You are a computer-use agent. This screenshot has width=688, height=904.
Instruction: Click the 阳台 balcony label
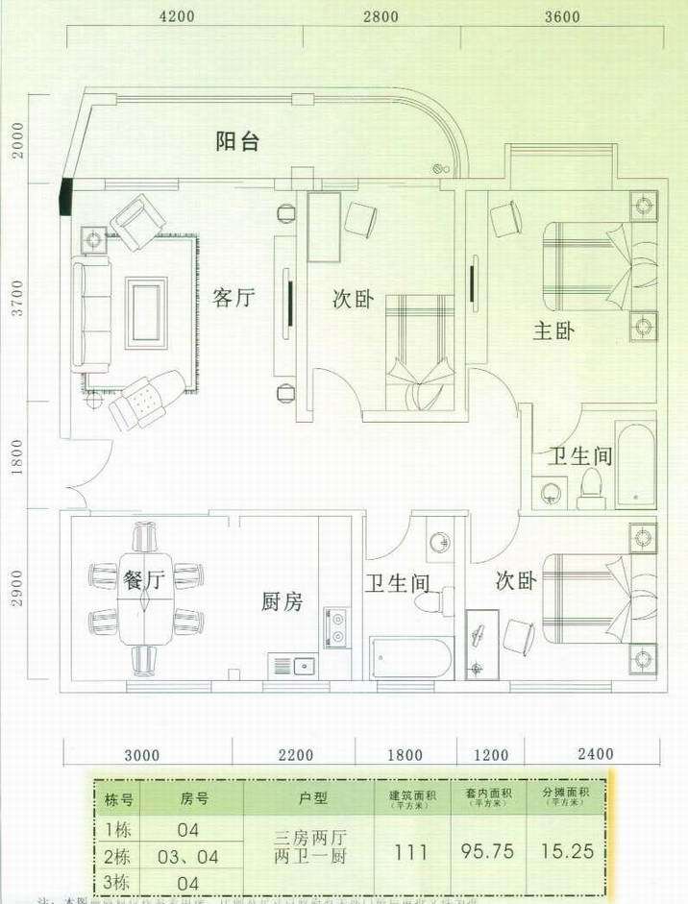click(x=236, y=142)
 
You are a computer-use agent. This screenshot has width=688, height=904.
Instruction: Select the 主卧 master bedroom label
click(x=554, y=331)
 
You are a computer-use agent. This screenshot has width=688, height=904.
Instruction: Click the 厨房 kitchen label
click(x=283, y=602)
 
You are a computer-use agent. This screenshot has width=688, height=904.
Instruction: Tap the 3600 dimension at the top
click(x=562, y=16)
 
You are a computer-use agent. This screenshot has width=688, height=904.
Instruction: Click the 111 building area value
click(x=411, y=850)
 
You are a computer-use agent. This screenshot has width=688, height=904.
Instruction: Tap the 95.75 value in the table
click(x=490, y=850)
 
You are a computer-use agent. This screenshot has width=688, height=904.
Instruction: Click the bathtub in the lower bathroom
click(x=411, y=659)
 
